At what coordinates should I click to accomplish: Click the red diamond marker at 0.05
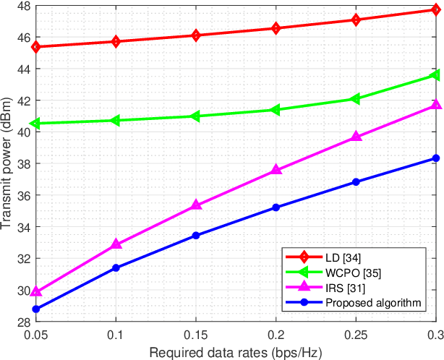36,47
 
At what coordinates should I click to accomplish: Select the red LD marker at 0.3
435,10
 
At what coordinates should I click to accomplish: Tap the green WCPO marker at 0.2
276,110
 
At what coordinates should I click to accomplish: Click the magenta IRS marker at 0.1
116,244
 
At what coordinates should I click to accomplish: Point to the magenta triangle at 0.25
356,137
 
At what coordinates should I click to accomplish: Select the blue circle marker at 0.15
196,236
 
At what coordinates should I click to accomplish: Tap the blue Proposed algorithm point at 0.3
435,158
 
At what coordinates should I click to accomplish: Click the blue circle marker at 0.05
36,309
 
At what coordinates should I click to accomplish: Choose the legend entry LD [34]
343,257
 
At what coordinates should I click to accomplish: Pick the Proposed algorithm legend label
372,303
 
